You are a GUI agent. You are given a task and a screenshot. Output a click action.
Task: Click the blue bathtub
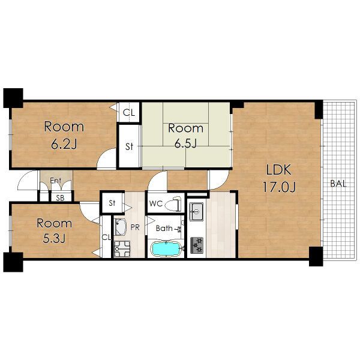tap(166, 249)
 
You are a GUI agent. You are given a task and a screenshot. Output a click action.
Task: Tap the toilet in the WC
tap(173, 203)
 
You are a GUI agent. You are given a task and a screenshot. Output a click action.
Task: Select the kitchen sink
tap(196, 211)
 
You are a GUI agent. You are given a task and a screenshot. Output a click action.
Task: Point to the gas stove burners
tap(197, 245)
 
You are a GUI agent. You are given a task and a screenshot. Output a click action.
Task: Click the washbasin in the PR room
tap(120, 227)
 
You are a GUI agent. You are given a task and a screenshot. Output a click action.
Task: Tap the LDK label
tap(278, 170)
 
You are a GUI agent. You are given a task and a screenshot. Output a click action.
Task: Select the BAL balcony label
tap(338, 184)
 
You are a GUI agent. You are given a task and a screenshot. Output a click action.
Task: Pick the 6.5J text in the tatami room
tap(185, 144)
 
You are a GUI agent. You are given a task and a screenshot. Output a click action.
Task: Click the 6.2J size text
tap(64, 144)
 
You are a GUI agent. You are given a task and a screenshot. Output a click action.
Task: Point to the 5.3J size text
tap(54, 239)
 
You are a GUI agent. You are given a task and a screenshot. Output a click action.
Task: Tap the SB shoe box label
tap(61, 198)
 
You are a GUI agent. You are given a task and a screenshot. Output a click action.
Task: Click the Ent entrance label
tap(56, 181)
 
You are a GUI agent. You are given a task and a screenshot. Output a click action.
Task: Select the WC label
tap(156, 203)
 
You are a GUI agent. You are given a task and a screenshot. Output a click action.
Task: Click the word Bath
tap(164, 228)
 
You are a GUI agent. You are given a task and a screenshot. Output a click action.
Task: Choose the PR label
tap(135, 227)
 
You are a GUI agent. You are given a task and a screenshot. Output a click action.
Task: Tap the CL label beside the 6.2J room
tap(129, 113)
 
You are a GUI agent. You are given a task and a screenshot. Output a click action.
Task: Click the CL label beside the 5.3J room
tap(106, 238)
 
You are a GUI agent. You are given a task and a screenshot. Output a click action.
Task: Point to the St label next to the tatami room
tap(129, 146)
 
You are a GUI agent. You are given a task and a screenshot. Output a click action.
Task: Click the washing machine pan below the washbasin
tap(122, 249)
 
